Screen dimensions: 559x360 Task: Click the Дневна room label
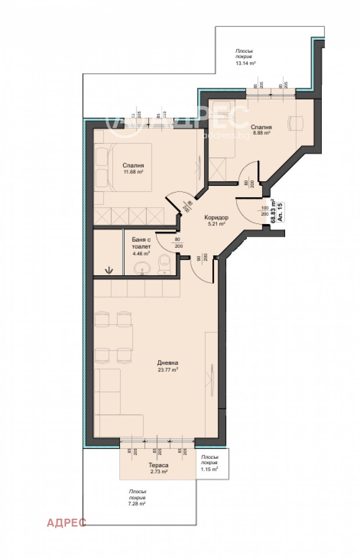(167, 363)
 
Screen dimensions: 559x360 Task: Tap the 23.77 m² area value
(167, 370)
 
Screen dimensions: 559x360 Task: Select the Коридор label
(216, 218)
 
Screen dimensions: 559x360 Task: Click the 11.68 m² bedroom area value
(133, 172)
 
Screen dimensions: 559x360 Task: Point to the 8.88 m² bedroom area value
(261, 133)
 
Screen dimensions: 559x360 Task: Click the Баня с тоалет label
(141, 243)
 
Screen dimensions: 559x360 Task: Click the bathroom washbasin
(142, 268)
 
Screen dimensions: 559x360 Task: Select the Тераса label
(158, 465)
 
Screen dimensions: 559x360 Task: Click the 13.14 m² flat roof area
(245, 63)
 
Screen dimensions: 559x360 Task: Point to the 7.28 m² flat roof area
(137, 504)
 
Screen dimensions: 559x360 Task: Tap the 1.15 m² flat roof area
(209, 469)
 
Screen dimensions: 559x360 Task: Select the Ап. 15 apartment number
(280, 212)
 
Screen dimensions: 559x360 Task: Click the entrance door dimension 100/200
(265, 211)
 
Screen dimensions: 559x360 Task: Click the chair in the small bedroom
(296, 123)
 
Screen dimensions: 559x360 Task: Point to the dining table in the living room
(113, 337)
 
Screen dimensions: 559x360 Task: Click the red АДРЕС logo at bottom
(67, 523)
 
